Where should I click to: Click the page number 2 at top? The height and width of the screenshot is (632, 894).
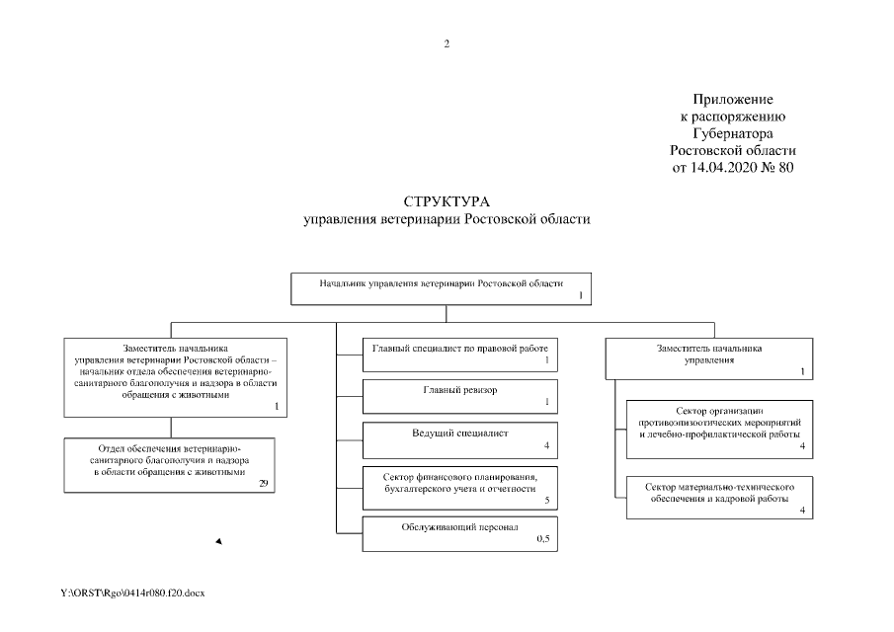coord(447,43)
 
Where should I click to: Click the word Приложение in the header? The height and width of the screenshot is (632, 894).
coord(732,101)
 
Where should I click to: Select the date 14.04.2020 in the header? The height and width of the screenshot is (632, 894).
coord(732,167)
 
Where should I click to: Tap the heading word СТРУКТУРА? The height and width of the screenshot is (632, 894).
coord(447,202)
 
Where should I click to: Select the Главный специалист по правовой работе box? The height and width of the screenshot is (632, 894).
coord(459,354)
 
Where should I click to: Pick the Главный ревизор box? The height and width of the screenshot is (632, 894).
coord(459,395)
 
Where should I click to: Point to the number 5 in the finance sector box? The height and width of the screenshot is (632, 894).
coord(546,501)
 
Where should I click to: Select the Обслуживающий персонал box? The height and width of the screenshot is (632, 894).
coord(459,533)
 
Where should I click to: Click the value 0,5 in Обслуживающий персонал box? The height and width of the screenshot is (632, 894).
coord(542,540)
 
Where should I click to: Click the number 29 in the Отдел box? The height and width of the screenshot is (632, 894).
coord(264,483)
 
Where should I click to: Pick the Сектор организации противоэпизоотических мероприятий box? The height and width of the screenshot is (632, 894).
coord(719,429)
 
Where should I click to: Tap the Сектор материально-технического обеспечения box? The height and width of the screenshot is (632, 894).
coord(719,497)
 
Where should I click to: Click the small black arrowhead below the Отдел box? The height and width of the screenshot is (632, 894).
coord(218,541)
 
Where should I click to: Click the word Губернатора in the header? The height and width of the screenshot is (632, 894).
coord(732,133)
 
